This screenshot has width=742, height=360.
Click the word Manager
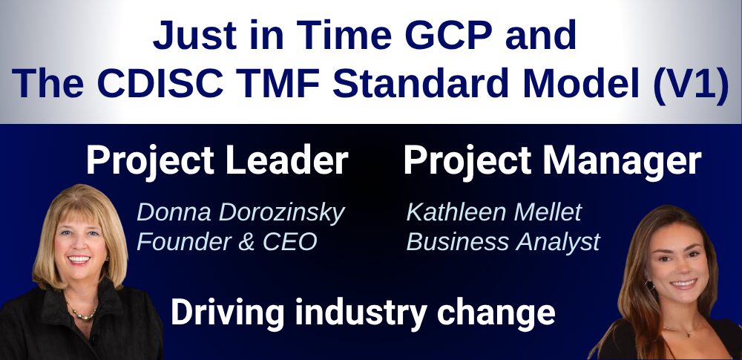point(621,160)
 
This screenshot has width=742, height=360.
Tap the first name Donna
point(169,214)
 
